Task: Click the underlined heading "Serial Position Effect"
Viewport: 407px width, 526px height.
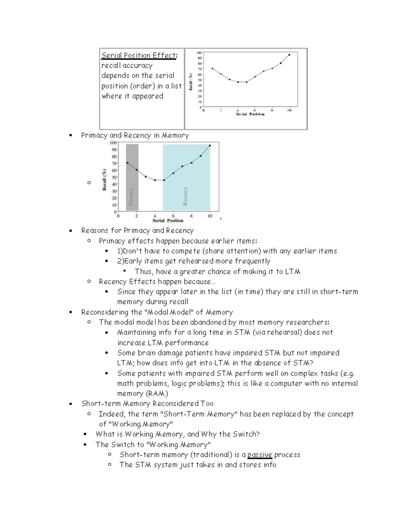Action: click(139, 55)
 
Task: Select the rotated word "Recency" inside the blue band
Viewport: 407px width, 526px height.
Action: click(185, 196)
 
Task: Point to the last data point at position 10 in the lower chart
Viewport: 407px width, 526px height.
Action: click(210, 146)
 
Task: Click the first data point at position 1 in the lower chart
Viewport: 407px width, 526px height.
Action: click(127, 163)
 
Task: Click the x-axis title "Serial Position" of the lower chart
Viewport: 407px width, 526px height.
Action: click(168, 220)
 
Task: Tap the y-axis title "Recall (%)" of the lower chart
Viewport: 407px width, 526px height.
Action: click(105, 180)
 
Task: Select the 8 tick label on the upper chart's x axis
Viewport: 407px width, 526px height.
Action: click(272, 110)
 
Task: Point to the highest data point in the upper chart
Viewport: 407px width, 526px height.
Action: click(289, 55)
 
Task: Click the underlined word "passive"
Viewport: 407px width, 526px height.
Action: click(259, 455)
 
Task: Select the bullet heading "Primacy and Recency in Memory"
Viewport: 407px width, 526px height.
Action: click(135, 135)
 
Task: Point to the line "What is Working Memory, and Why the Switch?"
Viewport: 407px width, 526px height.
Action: click(177, 434)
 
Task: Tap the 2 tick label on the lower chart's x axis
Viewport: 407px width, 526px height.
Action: click(137, 216)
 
